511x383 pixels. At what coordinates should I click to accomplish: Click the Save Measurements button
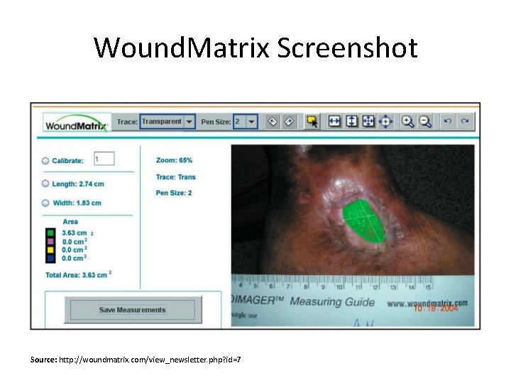coord(132,309)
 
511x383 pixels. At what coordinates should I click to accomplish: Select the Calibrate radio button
coord(45,161)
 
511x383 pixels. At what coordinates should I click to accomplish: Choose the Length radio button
coord(45,184)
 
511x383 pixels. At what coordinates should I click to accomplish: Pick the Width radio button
coord(45,203)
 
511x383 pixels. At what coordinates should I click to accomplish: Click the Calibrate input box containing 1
coord(104,160)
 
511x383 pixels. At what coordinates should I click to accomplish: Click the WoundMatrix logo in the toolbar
coord(77,126)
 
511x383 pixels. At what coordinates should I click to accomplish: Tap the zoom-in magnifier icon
coord(407,121)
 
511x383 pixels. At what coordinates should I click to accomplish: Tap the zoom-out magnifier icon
coord(425,121)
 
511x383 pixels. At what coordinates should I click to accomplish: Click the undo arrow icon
coord(448,121)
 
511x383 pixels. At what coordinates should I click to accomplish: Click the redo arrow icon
coord(465,121)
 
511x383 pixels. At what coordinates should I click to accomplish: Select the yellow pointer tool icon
coord(311,121)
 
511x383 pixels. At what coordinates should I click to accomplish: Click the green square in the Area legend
coord(50,233)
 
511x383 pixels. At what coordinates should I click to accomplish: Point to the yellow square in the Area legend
coord(50,250)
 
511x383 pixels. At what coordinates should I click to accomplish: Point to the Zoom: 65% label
coord(174,160)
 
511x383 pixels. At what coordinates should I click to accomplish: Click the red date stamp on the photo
coord(437,309)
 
